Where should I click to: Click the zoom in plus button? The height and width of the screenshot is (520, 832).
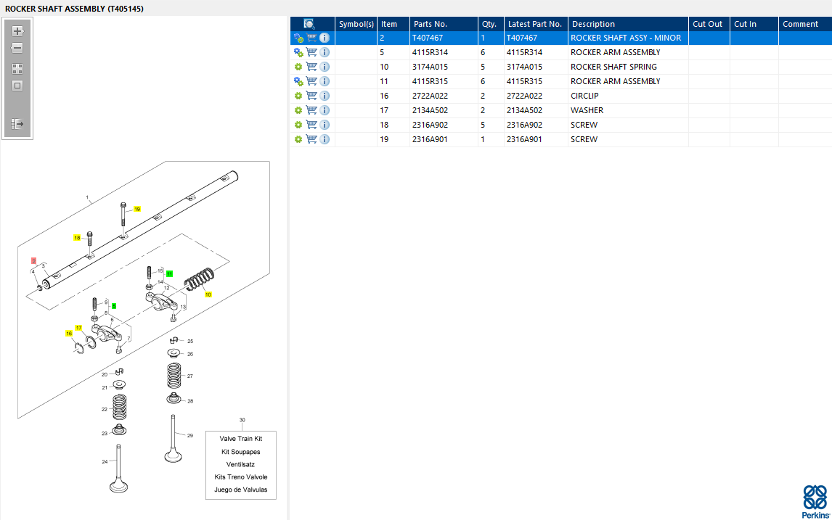17,30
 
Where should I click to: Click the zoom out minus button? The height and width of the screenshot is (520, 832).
17,48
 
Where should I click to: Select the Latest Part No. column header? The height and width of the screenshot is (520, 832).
535,24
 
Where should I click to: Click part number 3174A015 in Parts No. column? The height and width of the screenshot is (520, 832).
430,67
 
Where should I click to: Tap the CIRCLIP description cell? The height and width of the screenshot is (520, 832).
584,96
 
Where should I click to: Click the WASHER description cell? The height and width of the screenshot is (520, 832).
587,110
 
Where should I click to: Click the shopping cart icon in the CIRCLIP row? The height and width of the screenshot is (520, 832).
311,96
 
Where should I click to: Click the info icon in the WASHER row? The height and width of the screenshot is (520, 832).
325,110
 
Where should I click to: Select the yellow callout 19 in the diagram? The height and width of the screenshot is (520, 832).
137,210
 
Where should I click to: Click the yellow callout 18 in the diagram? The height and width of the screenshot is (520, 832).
77,238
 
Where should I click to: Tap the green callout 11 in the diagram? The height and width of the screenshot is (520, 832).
169,273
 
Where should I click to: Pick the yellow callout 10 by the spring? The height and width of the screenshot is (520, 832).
208,294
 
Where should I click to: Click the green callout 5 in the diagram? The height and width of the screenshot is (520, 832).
113,306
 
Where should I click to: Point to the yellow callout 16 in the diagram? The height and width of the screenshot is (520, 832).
69,334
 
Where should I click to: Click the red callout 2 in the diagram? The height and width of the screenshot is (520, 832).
33,261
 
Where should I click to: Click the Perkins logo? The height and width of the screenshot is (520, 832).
815,501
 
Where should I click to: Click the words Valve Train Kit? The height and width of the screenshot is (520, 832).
241,439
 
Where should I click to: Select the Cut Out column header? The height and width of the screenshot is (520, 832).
707,24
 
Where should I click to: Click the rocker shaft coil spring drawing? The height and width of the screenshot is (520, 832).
200,278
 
